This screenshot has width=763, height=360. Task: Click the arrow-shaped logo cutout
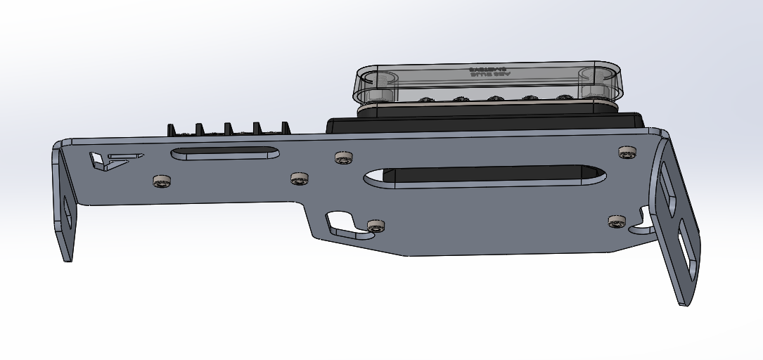click(x=109, y=160)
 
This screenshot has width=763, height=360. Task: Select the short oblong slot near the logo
click(x=224, y=153)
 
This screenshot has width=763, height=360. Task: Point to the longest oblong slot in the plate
click(x=485, y=176)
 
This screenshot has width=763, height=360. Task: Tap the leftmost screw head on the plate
click(x=162, y=181)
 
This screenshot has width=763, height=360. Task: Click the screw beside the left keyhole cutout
click(x=376, y=226)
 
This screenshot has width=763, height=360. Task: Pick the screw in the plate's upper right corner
click(x=626, y=152)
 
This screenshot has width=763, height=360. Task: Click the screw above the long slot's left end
click(x=343, y=157)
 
